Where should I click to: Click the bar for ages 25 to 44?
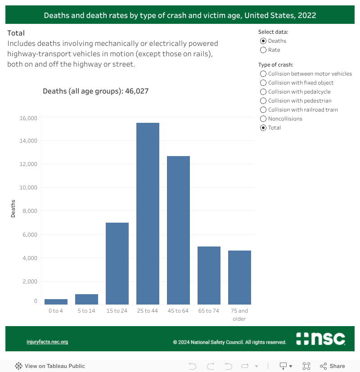148,214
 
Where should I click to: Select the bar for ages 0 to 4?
56,302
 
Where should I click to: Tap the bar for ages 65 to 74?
209,275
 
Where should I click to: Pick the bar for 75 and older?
239,278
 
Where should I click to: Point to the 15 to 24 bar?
117,264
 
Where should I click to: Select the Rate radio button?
263,50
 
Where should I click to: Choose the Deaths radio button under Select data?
263,41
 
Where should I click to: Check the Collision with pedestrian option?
263,101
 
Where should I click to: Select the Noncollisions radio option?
263,119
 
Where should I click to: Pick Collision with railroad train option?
263,110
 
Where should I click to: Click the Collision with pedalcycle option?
263,92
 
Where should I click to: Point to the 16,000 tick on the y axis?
28,118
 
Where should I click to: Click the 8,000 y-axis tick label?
30,211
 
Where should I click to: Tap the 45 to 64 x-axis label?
178,311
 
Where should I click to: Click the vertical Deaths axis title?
13,209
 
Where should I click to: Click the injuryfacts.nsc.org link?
47,342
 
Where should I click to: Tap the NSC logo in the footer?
320,339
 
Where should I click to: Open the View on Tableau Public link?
50,366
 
